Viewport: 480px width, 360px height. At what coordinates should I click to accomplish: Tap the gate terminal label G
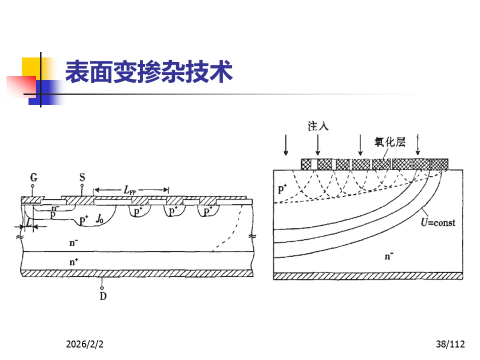click(33, 177)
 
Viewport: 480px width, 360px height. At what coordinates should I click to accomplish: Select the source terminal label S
click(82, 177)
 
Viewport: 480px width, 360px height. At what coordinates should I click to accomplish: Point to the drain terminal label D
click(103, 296)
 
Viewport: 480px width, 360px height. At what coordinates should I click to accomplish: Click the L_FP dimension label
click(131, 190)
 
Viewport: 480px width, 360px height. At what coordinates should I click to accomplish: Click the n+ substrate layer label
click(74, 260)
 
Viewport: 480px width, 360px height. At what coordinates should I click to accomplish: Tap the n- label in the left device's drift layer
click(74, 243)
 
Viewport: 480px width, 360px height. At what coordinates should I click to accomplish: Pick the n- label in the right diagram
click(388, 256)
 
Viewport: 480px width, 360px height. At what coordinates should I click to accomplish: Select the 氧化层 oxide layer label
click(390, 142)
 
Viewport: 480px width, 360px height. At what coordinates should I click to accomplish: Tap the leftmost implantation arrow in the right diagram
click(285, 145)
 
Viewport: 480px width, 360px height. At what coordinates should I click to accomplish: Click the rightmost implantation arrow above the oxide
click(418, 145)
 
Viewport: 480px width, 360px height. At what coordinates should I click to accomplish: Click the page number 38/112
click(450, 344)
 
